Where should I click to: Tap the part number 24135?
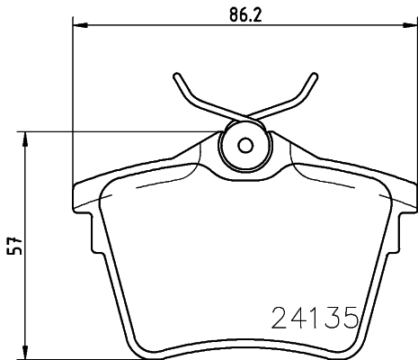(x=316, y=317)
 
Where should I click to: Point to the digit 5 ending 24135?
(x=351, y=317)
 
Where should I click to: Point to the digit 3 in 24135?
(x=334, y=317)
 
